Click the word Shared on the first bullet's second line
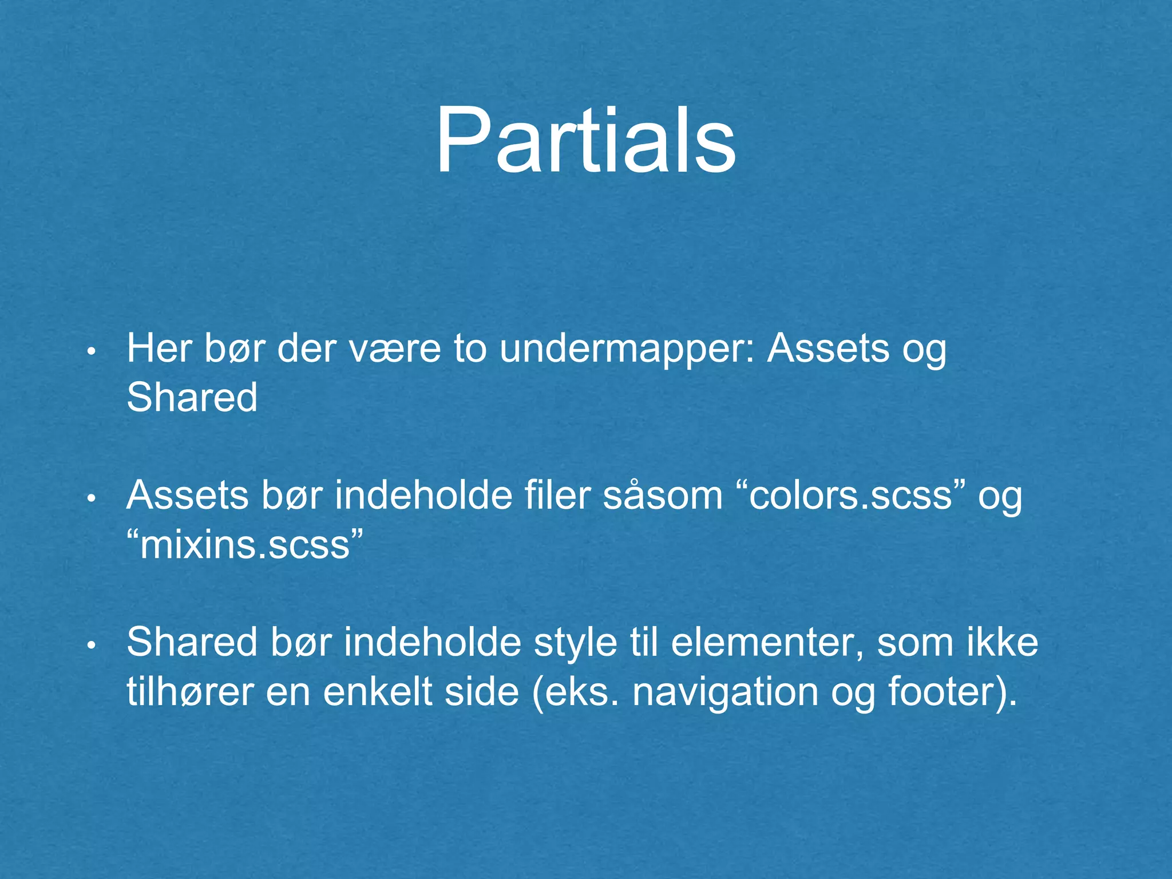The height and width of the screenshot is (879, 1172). click(x=192, y=397)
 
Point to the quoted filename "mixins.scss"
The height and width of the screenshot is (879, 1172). click(x=245, y=545)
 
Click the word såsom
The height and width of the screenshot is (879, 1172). click(x=663, y=496)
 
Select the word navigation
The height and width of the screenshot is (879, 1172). click(x=726, y=692)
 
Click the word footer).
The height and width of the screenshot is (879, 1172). click(x=953, y=692)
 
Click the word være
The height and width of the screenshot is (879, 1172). click(x=395, y=349)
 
